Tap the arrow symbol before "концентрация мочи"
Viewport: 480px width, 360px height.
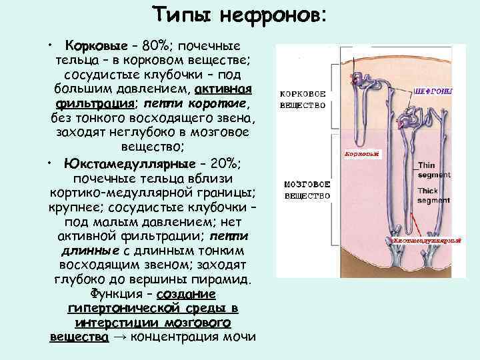(x=120, y=337)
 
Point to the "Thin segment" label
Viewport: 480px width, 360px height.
(x=433, y=170)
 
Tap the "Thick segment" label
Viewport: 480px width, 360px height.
(x=433, y=195)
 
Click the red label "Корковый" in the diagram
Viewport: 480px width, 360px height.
(x=363, y=153)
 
